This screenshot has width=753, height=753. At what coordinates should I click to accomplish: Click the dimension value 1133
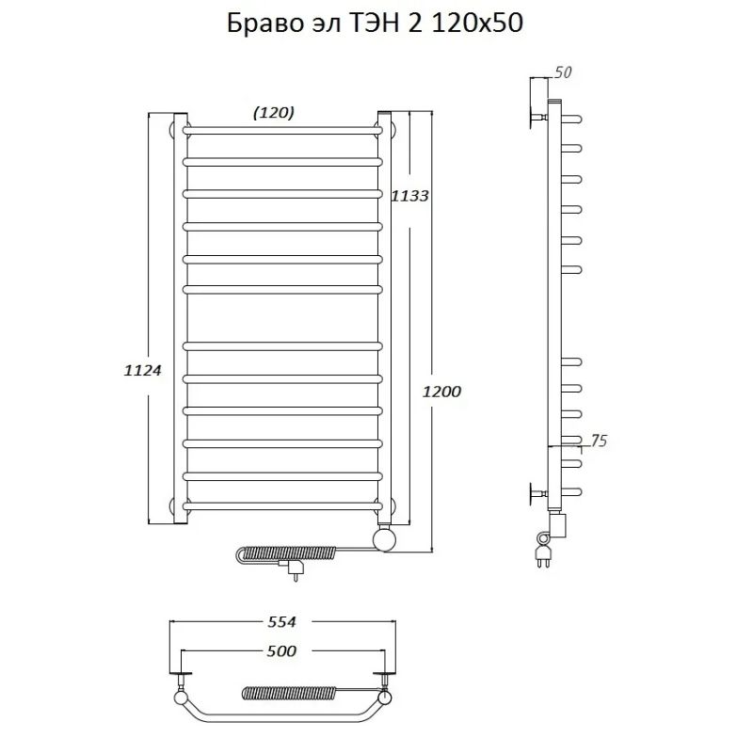coord(409,196)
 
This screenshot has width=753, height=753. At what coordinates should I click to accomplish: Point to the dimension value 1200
coord(441,391)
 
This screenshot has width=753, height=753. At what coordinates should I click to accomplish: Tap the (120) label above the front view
coord(274,112)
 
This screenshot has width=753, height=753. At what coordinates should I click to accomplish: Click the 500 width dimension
coord(280,650)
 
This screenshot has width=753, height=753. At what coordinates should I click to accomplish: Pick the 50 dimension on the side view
coord(564,72)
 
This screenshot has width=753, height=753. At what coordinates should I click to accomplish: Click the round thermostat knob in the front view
coord(384,539)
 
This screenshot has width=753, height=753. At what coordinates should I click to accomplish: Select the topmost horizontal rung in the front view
coord(282,127)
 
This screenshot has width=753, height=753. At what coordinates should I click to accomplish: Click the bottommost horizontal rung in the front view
coord(282,506)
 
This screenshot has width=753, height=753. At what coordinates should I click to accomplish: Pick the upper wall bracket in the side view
coord(539,116)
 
